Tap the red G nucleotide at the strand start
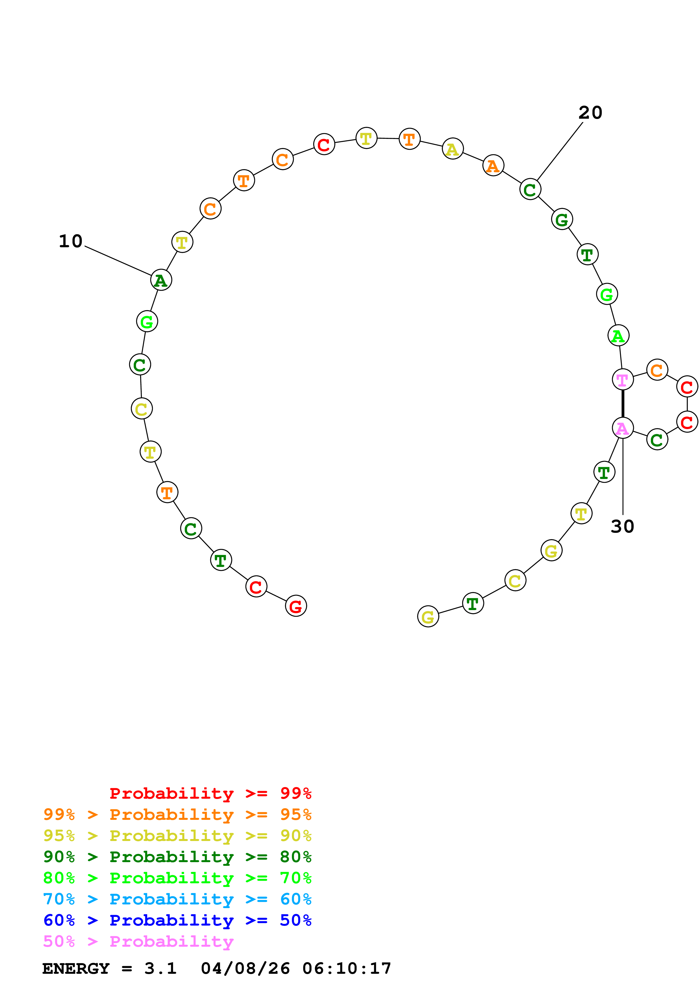[x=296, y=606]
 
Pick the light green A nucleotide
[x=618, y=335]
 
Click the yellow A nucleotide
[x=453, y=149]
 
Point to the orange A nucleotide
[x=493, y=165]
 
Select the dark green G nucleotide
[x=562, y=219]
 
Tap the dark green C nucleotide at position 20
[x=530, y=189]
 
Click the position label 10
[x=70, y=241]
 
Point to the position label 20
[x=590, y=113]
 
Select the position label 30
[x=622, y=526]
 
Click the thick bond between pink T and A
[x=623, y=404]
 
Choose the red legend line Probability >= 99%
[x=210, y=793]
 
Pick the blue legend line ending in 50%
[x=177, y=920]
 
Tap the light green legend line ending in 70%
[x=177, y=878]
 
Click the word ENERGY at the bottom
[x=76, y=968]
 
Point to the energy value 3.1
[x=160, y=968]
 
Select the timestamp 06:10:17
[x=347, y=968]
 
